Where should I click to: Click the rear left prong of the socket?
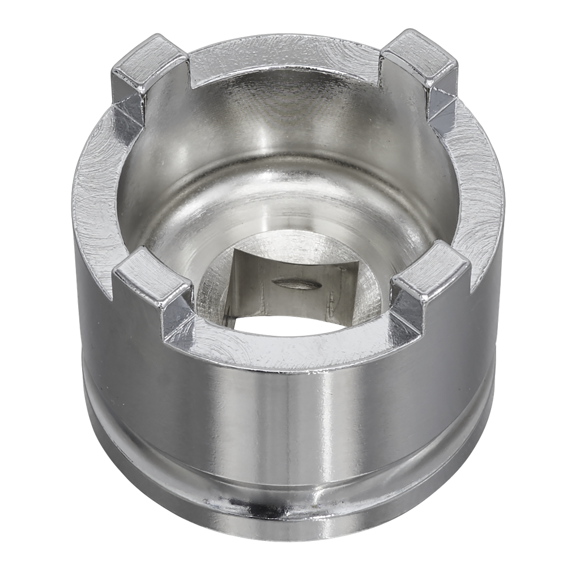pos(148,62)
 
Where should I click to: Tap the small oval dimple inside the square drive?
pos(291,283)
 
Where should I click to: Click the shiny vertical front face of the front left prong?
pos(176,317)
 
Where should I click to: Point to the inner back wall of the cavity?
pos(283,125)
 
